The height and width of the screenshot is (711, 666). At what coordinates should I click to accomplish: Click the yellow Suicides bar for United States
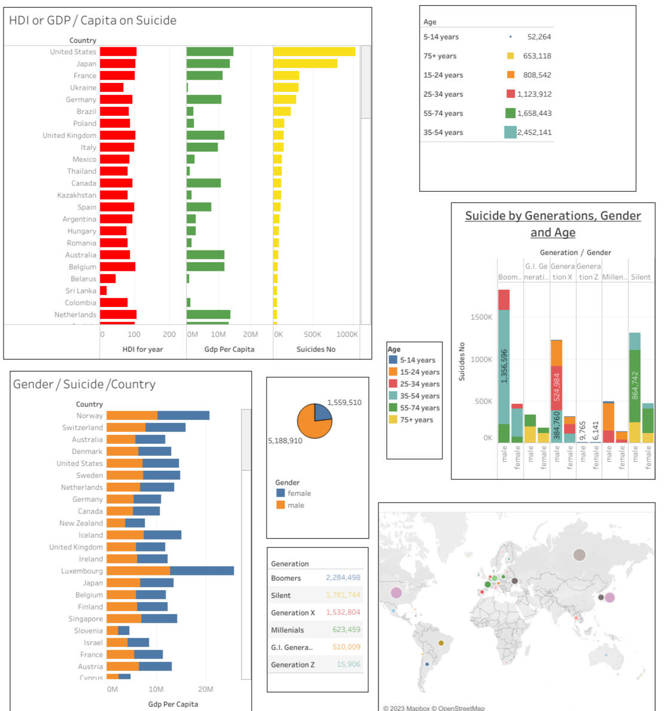pyautogui.click(x=314, y=52)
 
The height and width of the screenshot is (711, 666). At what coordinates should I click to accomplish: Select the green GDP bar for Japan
pyautogui.click(x=208, y=64)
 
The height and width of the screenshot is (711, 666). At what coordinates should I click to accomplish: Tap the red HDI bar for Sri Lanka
pyautogui.click(x=103, y=291)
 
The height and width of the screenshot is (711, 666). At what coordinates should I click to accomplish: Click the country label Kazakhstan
pyautogui.click(x=77, y=195)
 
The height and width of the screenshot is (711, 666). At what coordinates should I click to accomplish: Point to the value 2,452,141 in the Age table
pyautogui.click(x=534, y=133)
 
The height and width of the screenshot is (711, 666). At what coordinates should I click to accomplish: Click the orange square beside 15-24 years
pyautogui.click(x=511, y=75)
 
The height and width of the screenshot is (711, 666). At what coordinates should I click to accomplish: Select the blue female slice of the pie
pyautogui.click(x=322, y=413)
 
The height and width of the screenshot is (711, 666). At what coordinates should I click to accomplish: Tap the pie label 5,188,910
pyautogui.click(x=285, y=441)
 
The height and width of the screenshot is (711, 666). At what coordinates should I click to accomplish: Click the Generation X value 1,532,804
pyautogui.click(x=343, y=612)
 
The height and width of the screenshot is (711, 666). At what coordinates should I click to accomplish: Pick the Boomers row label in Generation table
pyautogui.click(x=286, y=578)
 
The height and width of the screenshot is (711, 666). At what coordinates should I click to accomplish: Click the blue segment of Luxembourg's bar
pyautogui.click(x=201, y=571)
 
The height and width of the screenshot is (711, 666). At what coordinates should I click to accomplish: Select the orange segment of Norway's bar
pyautogui.click(x=132, y=416)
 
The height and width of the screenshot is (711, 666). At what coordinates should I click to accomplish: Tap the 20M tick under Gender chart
pyautogui.click(x=206, y=689)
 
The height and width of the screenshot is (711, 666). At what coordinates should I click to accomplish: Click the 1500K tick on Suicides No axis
pyautogui.click(x=481, y=317)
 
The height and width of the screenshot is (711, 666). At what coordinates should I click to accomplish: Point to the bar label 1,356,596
pyautogui.click(x=504, y=366)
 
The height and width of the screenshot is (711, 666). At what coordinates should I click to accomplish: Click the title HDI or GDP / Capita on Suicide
pyautogui.click(x=93, y=20)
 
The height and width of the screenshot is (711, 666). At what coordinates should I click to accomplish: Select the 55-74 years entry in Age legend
pyautogui.click(x=420, y=408)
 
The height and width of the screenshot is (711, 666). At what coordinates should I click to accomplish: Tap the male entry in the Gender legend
pyautogui.click(x=295, y=505)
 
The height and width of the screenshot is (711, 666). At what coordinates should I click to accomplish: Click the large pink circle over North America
pyautogui.click(x=396, y=593)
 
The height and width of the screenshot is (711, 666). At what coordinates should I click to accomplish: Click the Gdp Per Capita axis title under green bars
pyautogui.click(x=229, y=350)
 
